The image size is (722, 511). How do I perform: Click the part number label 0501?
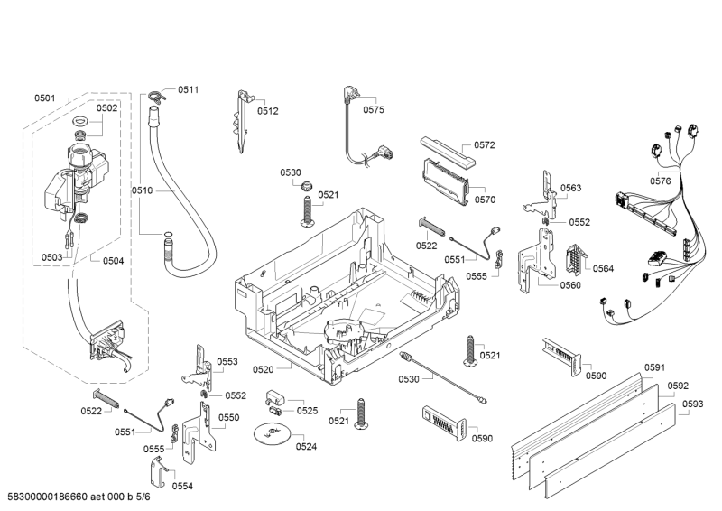pyautogui.click(x=45, y=98)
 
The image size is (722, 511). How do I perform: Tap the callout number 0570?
pyautogui.click(x=485, y=200)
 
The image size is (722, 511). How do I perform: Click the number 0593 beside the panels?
pyautogui.click(x=692, y=404)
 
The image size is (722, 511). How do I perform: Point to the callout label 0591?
pyautogui.click(x=654, y=367)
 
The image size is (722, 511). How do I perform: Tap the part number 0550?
pyautogui.click(x=228, y=417)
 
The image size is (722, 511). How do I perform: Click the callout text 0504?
pyautogui.click(x=113, y=261)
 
